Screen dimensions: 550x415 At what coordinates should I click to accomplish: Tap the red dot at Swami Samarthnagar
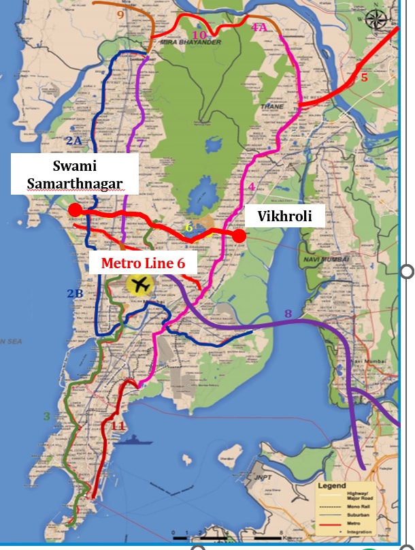point(75,210)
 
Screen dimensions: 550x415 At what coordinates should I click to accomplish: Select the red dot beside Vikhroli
point(239,236)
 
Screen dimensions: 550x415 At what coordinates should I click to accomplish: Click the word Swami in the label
point(74,165)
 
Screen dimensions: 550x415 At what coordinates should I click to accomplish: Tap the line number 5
point(364,78)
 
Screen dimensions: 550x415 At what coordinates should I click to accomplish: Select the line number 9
point(120,14)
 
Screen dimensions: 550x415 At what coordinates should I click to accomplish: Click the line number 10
point(199,35)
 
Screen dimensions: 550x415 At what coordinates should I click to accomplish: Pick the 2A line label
point(73,140)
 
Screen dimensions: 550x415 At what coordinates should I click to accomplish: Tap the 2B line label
point(74,294)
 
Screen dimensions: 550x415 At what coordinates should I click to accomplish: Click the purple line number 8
point(288,313)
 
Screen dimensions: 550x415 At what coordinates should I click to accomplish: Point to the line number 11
point(118,426)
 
